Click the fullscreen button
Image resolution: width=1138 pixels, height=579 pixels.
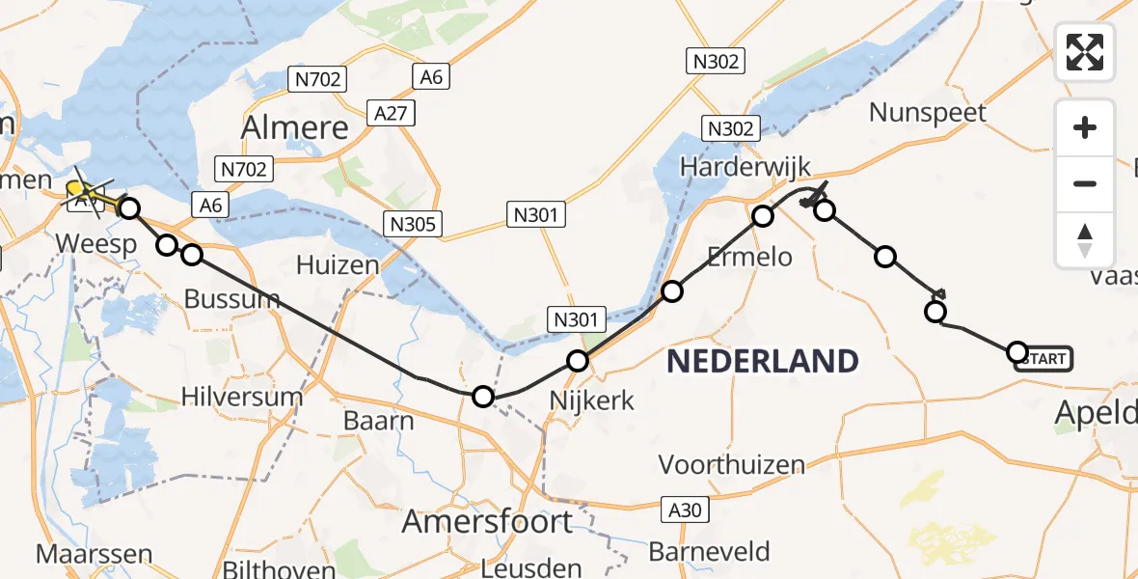tap(1085, 51)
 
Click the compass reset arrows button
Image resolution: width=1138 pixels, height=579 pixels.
tap(1085, 240)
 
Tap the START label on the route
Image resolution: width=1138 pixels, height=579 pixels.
tap(1043, 359)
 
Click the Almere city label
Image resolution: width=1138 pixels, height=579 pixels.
tap(294, 126)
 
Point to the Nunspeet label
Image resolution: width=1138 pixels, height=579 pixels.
tap(928, 112)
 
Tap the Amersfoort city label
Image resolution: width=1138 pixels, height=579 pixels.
tap(487, 522)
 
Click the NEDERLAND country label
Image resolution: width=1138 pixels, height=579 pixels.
tap(763, 361)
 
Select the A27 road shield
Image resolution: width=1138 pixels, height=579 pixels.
tap(392, 114)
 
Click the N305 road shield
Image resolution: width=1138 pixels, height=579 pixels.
tap(414, 225)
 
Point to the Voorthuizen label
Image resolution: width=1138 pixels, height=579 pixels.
tap(732, 464)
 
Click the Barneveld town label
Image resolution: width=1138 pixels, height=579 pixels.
tap(710, 551)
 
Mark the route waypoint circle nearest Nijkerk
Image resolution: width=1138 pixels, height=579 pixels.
tap(577, 361)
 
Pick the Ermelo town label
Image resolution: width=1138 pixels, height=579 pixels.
tap(749, 256)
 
